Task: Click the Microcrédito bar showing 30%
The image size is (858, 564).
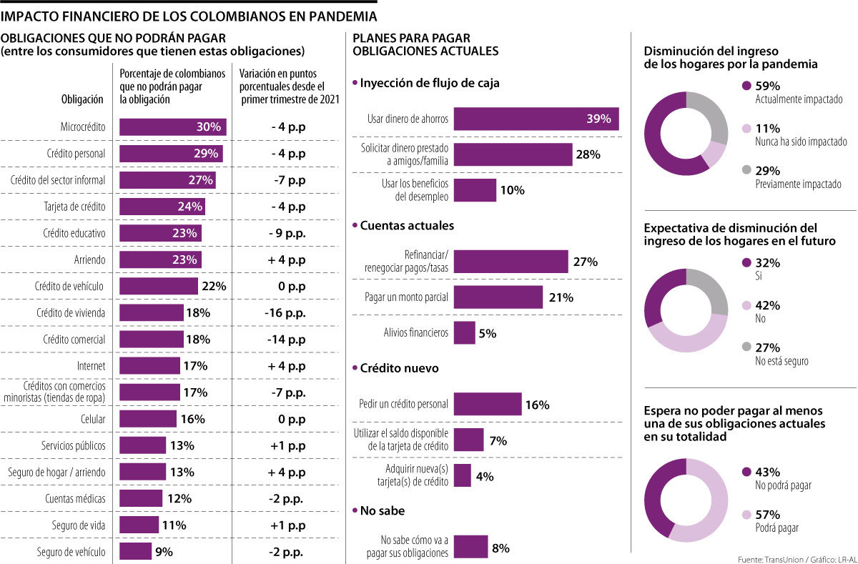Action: (172, 127)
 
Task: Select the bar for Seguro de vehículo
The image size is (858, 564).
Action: (135, 551)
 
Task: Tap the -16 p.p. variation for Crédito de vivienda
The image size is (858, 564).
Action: (287, 312)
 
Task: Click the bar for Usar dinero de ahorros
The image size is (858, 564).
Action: (536, 119)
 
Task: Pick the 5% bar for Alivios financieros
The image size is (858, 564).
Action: (464, 332)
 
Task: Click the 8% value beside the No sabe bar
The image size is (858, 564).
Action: (500, 548)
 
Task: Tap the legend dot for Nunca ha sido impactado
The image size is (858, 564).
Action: (747, 129)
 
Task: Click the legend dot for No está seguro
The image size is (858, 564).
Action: (747, 347)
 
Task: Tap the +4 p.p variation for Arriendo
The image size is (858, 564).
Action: (287, 259)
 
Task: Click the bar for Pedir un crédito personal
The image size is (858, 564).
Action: (487, 405)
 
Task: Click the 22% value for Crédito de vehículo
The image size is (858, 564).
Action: (214, 286)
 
